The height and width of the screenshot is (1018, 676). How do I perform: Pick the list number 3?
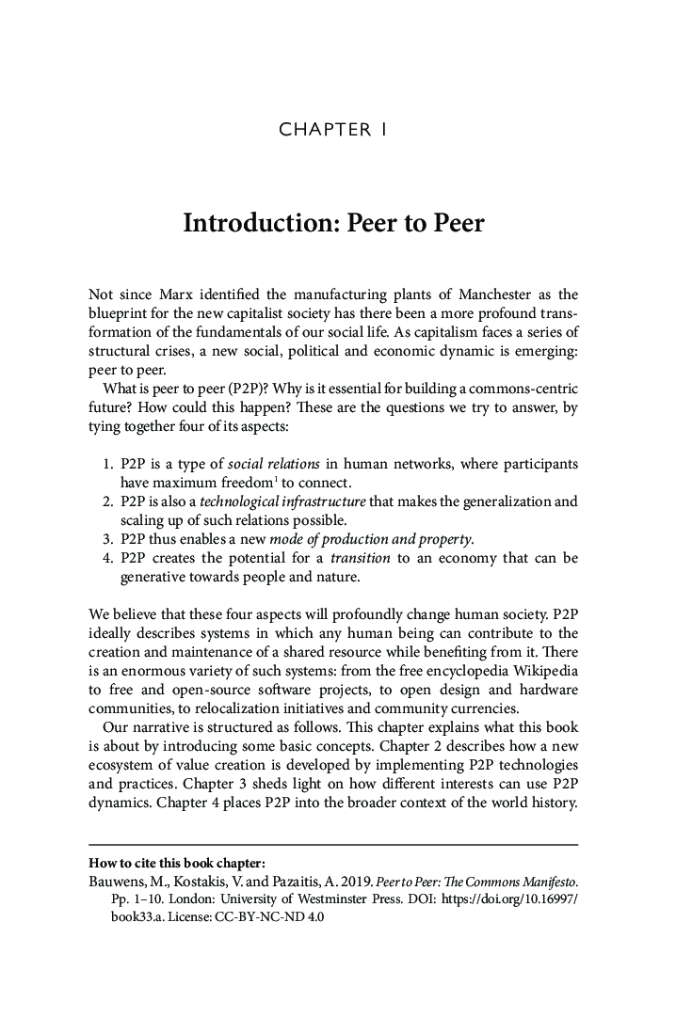pos(106,539)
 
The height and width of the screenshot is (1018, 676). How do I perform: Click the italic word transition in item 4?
pos(360,558)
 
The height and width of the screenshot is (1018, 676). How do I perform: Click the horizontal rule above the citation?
pos(332,844)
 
